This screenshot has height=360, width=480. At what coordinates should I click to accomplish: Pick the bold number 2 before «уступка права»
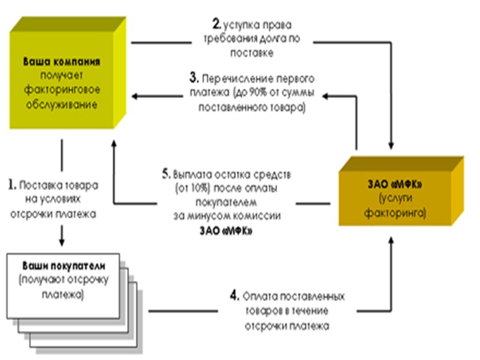coord(217,25)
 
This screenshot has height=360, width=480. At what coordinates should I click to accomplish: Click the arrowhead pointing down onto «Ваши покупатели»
coord(62,243)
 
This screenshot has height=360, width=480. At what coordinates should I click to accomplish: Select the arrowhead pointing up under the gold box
coord(392,240)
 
